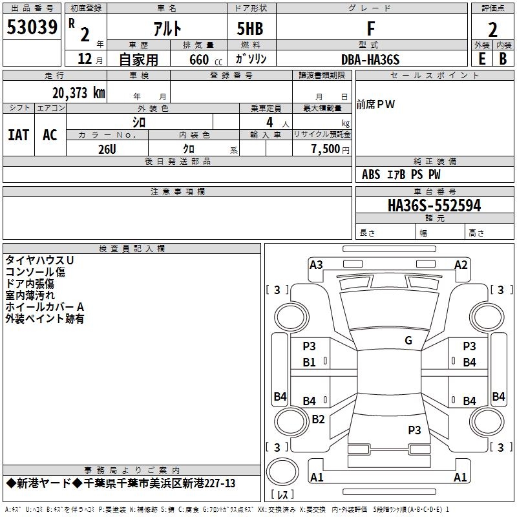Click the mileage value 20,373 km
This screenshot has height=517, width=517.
75,92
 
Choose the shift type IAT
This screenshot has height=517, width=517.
18,135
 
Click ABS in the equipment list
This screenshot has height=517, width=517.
371,174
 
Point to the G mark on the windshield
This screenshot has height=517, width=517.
408,341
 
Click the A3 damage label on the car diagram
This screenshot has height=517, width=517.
316,264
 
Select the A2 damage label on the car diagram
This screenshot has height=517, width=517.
461,264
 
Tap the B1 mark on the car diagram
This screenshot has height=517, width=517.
310,363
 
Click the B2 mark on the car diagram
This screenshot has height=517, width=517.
318,419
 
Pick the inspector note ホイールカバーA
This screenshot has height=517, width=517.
45,306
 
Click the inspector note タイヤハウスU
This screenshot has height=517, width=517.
39,260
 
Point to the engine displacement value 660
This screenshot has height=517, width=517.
198,60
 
